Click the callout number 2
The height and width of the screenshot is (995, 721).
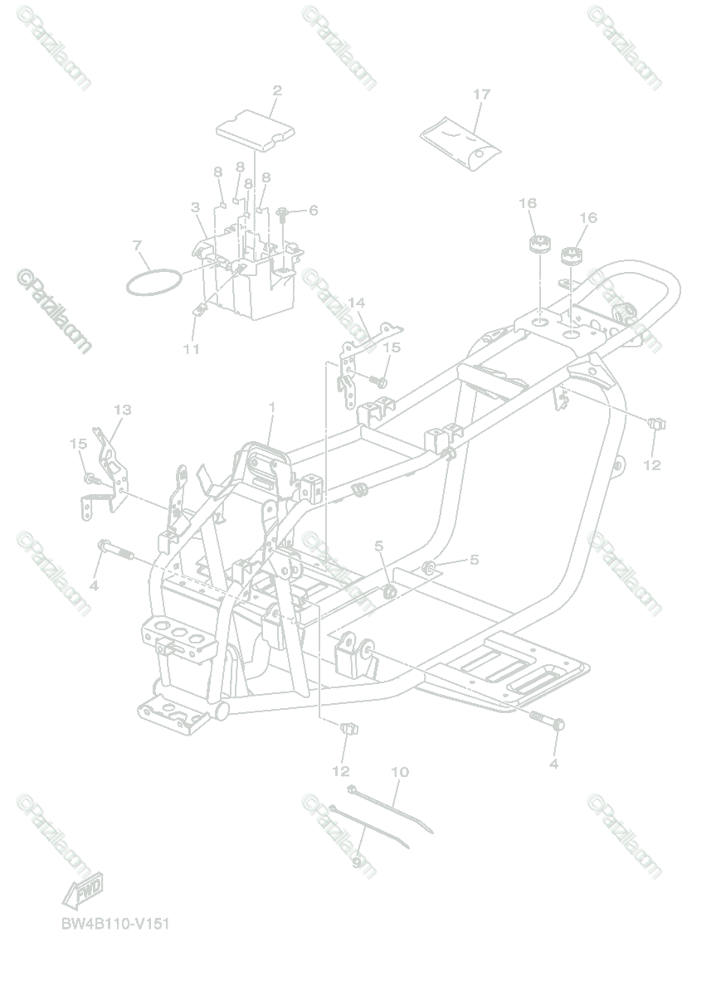coord(277,90)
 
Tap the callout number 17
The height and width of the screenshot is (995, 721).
coord(481,95)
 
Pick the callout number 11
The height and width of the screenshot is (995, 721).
coord(192,349)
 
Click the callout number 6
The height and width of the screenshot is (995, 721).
coord(313,211)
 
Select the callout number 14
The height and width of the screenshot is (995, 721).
coord(356,303)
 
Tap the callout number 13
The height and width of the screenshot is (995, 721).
coord(123,410)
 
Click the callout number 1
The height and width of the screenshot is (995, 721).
coord(270,407)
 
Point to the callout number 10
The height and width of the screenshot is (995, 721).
coord(399,772)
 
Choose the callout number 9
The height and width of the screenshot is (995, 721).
coord(356,862)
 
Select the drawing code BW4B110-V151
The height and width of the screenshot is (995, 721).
coord(114,924)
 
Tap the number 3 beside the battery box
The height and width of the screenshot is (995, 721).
coord(195,206)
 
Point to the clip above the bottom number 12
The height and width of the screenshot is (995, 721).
coord(348,728)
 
